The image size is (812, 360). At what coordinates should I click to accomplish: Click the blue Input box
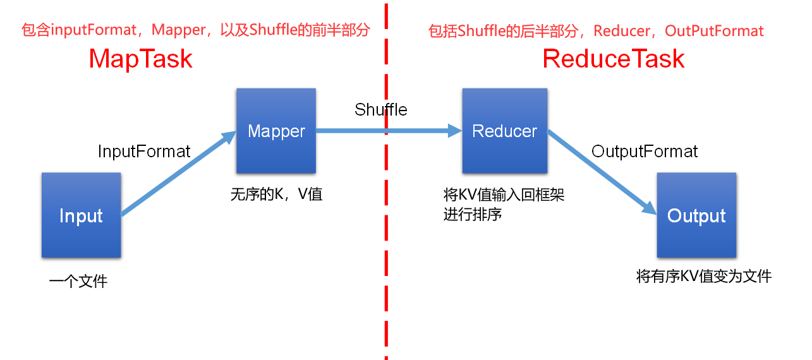click(x=81, y=215)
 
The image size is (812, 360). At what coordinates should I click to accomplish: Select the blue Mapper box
click(x=276, y=131)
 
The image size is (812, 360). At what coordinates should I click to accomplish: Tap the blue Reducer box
click(x=504, y=131)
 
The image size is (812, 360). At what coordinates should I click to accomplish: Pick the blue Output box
click(x=696, y=215)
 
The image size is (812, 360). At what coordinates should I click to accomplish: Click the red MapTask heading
click(x=140, y=59)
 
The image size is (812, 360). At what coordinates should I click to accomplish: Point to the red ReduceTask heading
click(x=614, y=59)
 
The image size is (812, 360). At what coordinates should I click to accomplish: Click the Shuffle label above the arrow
click(x=380, y=109)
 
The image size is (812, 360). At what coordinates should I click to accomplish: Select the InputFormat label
click(x=144, y=152)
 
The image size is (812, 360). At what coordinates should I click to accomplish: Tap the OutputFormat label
click(x=645, y=152)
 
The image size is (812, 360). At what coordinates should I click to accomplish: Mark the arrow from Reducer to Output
click(x=600, y=171)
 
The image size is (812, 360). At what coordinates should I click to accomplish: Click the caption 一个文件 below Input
click(x=78, y=281)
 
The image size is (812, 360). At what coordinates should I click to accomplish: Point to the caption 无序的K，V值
click(x=276, y=194)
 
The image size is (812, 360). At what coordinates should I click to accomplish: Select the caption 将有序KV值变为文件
click(x=704, y=276)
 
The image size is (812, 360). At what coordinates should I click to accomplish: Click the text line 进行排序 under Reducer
click(x=473, y=214)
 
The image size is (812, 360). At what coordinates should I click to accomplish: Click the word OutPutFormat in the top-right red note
click(x=714, y=31)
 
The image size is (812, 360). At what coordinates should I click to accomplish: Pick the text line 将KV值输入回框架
click(x=504, y=195)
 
